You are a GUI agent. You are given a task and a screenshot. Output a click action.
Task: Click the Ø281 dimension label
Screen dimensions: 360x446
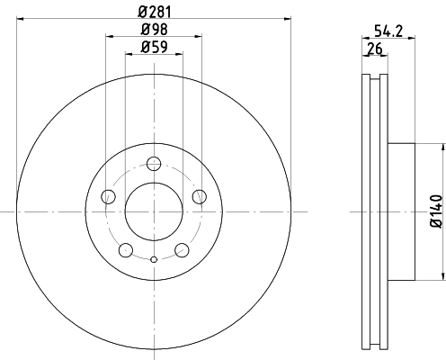pos(154,10)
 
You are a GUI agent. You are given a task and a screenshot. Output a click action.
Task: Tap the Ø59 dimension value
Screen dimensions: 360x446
pos(154,48)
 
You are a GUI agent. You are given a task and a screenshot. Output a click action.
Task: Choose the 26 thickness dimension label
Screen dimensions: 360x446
pos(374,48)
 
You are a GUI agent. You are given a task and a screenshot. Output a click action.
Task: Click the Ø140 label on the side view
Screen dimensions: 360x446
pos(436,211)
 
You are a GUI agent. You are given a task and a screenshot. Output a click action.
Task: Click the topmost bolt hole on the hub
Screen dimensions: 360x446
pos(154,164)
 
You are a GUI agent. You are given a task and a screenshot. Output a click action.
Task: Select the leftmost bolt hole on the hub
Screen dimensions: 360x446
pos(109,196)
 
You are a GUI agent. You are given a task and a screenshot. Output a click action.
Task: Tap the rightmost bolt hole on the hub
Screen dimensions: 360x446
pos(199,196)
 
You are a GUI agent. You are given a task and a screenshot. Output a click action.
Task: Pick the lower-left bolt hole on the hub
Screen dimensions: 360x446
pos(126,249)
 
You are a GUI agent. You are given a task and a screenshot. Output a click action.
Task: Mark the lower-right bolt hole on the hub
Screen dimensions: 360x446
pos(182,249)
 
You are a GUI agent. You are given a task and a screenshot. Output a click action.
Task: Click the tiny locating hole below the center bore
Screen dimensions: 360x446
pos(154,261)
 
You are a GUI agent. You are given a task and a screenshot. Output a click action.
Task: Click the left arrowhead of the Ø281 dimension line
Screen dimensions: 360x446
pos(19,17)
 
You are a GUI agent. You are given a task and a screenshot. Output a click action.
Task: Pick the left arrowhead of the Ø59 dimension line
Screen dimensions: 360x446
pos(127,55)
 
